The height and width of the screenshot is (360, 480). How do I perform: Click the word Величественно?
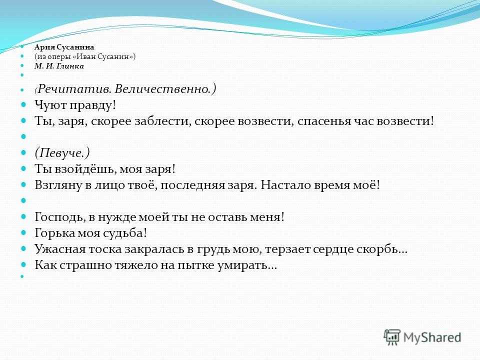[163, 89]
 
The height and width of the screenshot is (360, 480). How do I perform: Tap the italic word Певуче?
[62, 153]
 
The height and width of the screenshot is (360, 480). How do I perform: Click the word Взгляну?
[58, 185]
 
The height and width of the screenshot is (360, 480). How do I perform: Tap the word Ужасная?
[60, 249]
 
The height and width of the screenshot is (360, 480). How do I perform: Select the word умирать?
[247, 265]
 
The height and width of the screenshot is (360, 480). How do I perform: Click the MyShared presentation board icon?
[392, 337]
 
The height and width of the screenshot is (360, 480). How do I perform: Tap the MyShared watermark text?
[432, 337]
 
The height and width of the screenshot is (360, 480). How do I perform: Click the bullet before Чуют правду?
[23, 104]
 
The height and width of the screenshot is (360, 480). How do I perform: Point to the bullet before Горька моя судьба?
[23, 232]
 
